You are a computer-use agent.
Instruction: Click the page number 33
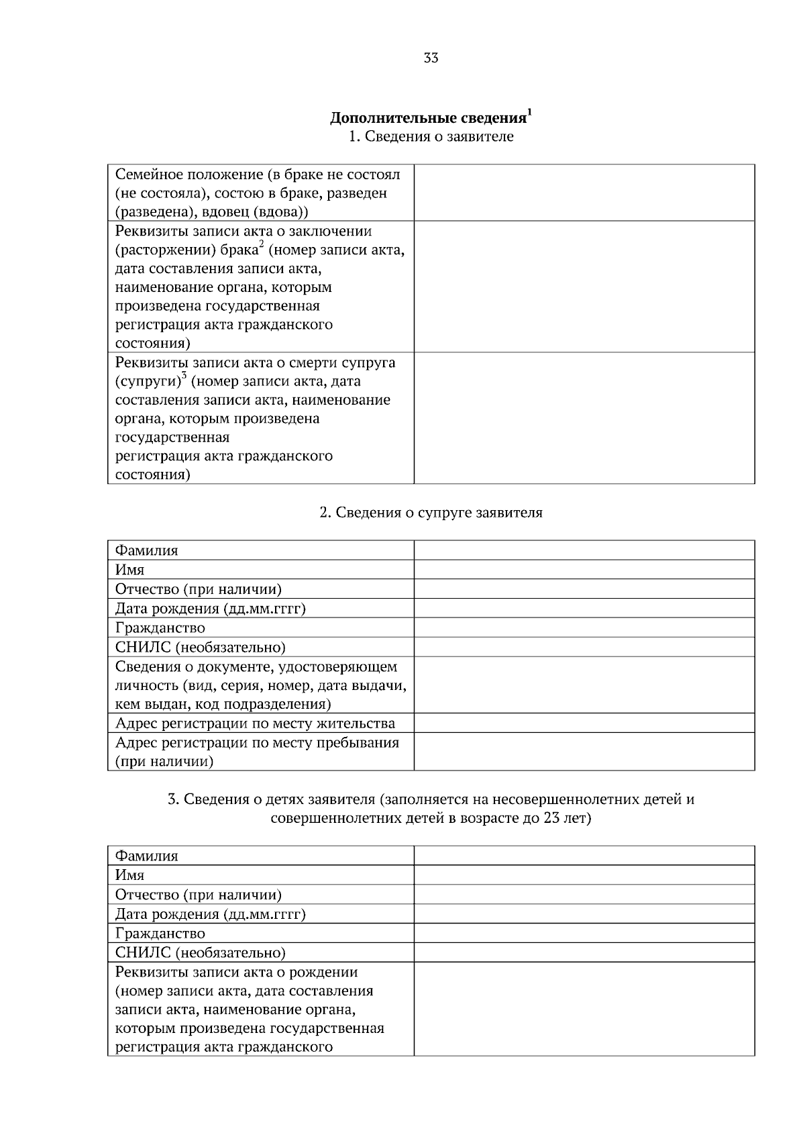431,58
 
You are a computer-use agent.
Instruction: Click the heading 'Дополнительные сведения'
428,118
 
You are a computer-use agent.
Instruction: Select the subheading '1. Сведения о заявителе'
431,137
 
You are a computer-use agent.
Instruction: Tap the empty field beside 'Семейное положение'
584,193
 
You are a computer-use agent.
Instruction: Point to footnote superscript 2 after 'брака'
261,245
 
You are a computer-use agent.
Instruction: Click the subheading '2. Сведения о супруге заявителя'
431,513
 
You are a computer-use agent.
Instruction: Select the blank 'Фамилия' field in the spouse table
584,550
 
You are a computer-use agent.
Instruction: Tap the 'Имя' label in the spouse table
130,570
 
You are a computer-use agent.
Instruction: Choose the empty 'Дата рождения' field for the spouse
584,609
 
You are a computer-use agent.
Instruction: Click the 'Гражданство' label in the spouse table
160,628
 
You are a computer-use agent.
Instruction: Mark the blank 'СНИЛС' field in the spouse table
584,648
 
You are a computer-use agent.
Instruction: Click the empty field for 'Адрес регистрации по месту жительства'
584,724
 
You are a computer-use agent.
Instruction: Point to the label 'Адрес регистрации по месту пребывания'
257,743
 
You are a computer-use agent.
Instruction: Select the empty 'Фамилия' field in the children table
584,856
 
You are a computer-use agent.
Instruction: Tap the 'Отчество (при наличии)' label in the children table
199,895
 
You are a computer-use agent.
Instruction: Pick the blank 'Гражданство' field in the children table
584,934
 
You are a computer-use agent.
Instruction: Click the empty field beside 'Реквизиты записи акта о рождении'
584,1009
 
